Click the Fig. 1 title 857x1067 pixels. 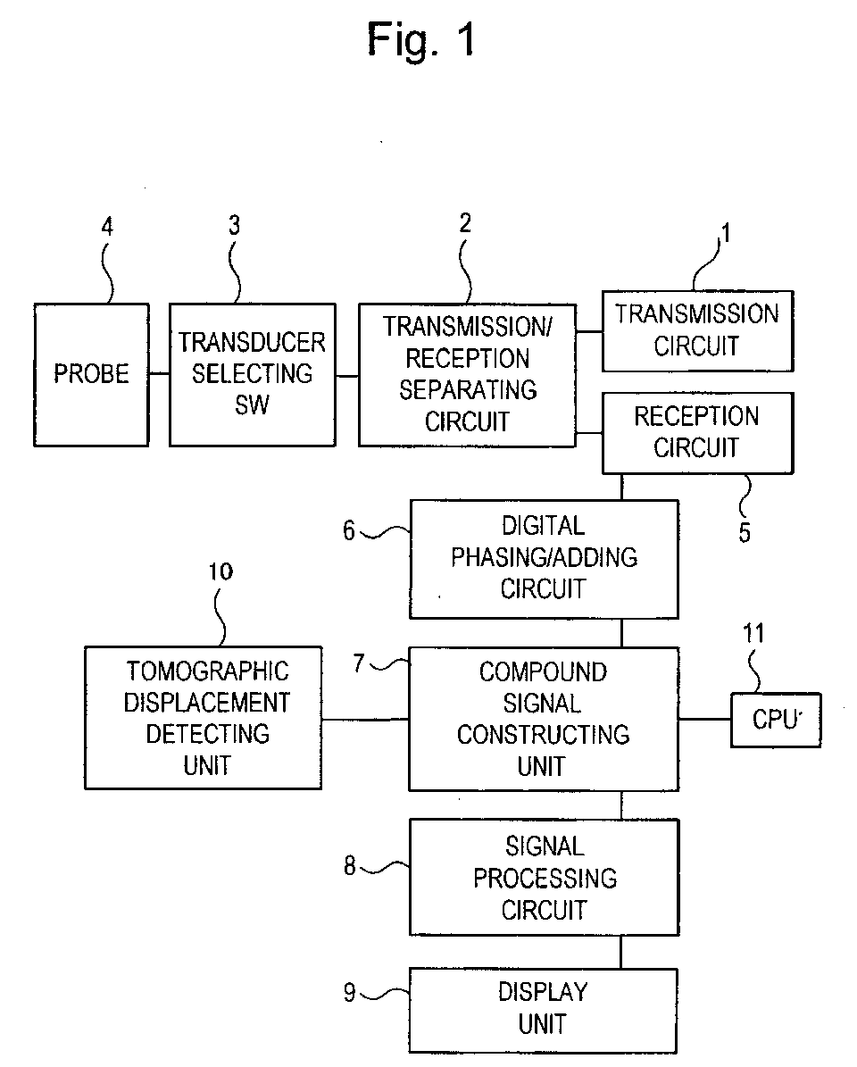pyautogui.click(x=422, y=40)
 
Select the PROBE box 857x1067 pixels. pyautogui.click(x=91, y=374)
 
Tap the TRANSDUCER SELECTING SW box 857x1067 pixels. pyautogui.click(x=252, y=374)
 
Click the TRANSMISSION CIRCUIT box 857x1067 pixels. pyautogui.click(x=697, y=330)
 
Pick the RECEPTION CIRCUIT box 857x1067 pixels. pyautogui.click(x=697, y=432)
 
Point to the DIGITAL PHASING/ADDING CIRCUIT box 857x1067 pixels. pyautogui.click(x=543, y=558)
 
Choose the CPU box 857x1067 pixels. pyautogui.click(x=775, y=720)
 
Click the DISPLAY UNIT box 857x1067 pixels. pyautogui.click(x=543, y=1008)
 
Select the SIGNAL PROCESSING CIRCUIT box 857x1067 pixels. pyautogui.click(x=543, y=878)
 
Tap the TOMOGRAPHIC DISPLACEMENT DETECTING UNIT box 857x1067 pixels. pyautogui.click(x=203, y=718)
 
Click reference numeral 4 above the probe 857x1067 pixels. pyautogui.click(x=107, y=226)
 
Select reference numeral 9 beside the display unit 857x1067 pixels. pyautogui.click(x=351, y=991)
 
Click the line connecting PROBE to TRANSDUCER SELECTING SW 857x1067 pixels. pyautogui.click(x=159, y=374)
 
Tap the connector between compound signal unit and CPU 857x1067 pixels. pyautogui.click(x=704, y=719)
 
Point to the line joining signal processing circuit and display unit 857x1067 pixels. pyautogui.click(x=622, y=951)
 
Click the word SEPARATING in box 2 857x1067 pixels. pyautogui.click(x=468, y=390)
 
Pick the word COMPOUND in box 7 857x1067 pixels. pyautogui.click(x=543, y=671)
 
